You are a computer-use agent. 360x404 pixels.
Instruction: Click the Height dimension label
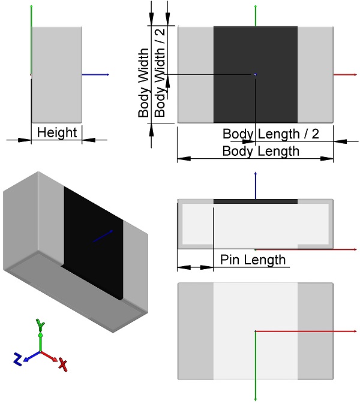tap(57, 133)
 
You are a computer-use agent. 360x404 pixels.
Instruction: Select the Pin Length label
tap(253, 260)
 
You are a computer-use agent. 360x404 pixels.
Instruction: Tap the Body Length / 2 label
tap(271, 134)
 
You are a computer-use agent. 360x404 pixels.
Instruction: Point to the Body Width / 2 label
tap(160, 73)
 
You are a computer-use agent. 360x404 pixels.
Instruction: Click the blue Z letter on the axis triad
tap(17, 359)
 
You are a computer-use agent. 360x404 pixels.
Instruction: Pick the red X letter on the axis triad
tap(63, 364)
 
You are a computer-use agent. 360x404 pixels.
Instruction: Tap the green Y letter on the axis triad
tap(40, 325)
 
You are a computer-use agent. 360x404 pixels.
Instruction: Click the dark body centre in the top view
tap(256, 74)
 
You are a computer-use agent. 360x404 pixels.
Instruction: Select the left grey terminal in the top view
tap(196, 74)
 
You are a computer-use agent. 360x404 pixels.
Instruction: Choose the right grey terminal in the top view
tap(316, 74)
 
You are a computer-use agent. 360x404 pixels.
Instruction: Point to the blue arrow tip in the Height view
tap(109, 75)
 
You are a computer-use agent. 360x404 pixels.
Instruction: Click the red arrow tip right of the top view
tap(356, 75)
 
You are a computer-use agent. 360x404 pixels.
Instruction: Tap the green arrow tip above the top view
tap(256, 5)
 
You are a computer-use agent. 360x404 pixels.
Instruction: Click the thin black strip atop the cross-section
tap(256, 201)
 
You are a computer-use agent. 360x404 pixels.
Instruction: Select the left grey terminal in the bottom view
tap(196, 331)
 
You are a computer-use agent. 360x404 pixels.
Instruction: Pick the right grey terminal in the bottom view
tap(316, 331)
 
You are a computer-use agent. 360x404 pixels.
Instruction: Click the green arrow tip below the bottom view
tap(256, 399)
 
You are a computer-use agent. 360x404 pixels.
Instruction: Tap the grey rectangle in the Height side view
tap(56, 74)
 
